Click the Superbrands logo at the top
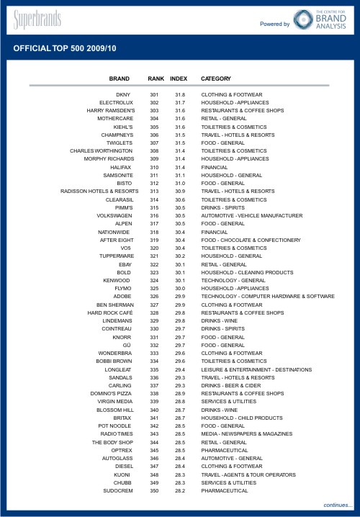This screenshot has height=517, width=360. (x=37, y=19)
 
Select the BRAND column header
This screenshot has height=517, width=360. (x=119, y=78)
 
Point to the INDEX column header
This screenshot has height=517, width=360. (x=179, y=78)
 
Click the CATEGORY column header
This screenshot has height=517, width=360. (x=216, y=78)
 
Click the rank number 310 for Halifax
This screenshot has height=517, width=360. (x=154, y=166)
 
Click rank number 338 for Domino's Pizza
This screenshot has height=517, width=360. (x=154, y=393)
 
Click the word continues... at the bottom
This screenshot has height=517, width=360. (x=338, y=505)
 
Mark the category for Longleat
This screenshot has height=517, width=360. (x=256, y=369)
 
